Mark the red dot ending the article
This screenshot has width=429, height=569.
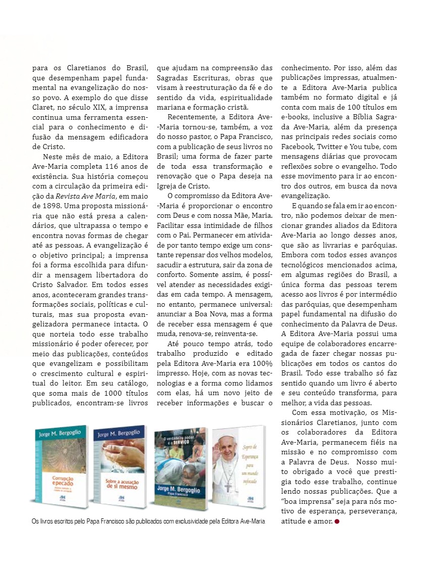336,521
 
